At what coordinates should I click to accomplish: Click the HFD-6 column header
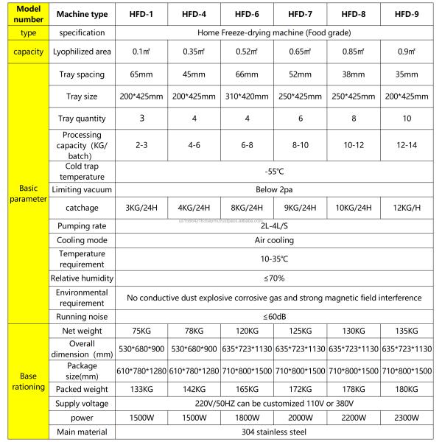tap(245, 13)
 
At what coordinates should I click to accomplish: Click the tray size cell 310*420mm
tap(245, 97)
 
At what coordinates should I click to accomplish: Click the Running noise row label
tap(82, 315)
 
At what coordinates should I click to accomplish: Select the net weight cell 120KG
tap(245, 331)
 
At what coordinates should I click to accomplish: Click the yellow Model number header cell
tap(24, 13)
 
